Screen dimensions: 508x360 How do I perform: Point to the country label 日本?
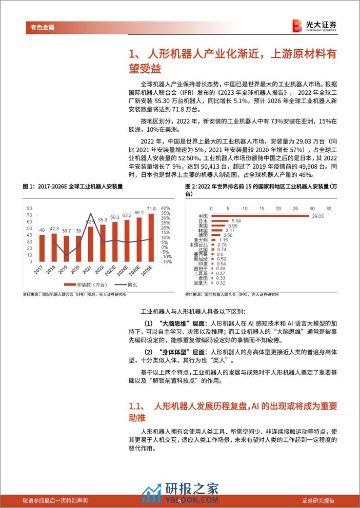pyautogui.click(x=202, y=221)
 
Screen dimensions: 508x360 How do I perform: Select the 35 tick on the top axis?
pyautogui.click(x=329, y=208)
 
